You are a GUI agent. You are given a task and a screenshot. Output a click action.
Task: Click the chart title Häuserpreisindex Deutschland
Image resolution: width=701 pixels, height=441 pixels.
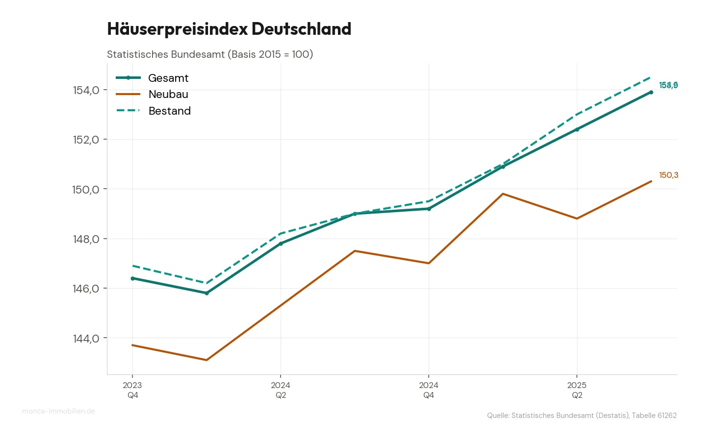click(x=229, y=29)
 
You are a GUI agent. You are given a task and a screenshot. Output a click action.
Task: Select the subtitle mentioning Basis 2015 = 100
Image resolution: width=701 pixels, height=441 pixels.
click(x=210, y=54)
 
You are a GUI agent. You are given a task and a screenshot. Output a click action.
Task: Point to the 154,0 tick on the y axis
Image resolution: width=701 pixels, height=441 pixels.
click(x=86, y=90)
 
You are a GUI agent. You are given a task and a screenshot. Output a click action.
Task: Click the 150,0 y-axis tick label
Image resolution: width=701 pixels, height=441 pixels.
click(x=86, y=190)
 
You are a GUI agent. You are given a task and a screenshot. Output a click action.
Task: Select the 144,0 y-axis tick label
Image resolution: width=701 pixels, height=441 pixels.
click(x=86, y=339)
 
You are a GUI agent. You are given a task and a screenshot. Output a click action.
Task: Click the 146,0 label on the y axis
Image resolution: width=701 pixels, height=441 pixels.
click(x=86, y=289)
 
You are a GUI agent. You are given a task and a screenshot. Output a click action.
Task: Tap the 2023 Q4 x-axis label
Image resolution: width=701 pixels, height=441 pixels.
click(x=132, y=390)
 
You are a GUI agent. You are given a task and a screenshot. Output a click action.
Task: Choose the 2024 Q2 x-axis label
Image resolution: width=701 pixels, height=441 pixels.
click(x=281, y=390)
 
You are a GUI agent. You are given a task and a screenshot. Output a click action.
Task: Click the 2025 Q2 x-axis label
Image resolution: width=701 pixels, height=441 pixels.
click(x=577, y=390)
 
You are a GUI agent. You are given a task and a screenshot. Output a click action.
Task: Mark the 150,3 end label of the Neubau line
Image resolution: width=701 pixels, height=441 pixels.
click(x=669, y=175)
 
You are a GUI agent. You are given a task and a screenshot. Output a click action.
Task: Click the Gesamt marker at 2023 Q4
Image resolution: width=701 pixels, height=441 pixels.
click(x=132, y=278)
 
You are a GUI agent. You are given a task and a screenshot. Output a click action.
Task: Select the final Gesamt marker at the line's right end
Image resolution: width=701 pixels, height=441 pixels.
click(x=651, y=92)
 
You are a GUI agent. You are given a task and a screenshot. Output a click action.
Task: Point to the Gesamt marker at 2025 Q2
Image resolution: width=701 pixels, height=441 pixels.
click(x=577, y=129)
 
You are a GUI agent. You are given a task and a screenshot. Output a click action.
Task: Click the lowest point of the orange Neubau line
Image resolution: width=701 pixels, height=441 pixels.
click(x=207, y=360)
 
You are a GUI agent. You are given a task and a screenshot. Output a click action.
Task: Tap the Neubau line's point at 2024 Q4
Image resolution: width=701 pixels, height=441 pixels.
click(x=429, y=263)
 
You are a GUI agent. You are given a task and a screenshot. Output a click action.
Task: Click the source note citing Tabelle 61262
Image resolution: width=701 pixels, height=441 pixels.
click(x=581, y=416)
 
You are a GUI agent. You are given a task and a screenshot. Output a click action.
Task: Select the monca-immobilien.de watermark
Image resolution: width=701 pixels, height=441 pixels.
click(x=58, y=411)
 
